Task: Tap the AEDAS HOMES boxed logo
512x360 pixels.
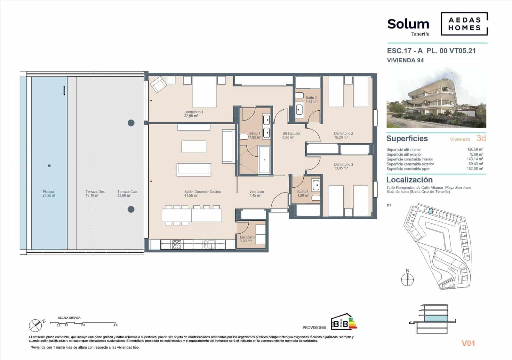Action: [x=464, y=24]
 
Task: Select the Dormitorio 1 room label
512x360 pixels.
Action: [x=194, y=114]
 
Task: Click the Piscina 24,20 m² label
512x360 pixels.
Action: [x=49, y=193]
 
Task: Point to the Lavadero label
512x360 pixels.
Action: [x=247, y=239]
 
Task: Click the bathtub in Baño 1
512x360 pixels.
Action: [x=264, y=160]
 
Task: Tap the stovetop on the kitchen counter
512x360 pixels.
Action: [x=177, y=245]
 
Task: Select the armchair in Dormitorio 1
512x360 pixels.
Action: [x=158, y=85]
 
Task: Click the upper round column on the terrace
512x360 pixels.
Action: [x=131, y=123]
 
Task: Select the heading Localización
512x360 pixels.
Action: [x=409, y=180]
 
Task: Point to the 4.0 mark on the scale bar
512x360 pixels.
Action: [x=115, y=325]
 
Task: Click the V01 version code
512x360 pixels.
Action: [x=468, y=343]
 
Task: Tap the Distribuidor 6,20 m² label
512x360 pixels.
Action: [x=291, y=135]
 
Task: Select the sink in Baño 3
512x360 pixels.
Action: [x=316, y=184]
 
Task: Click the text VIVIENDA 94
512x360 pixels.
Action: [x=405, y=60]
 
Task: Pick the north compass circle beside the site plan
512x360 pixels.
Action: [x=407, y=280]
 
